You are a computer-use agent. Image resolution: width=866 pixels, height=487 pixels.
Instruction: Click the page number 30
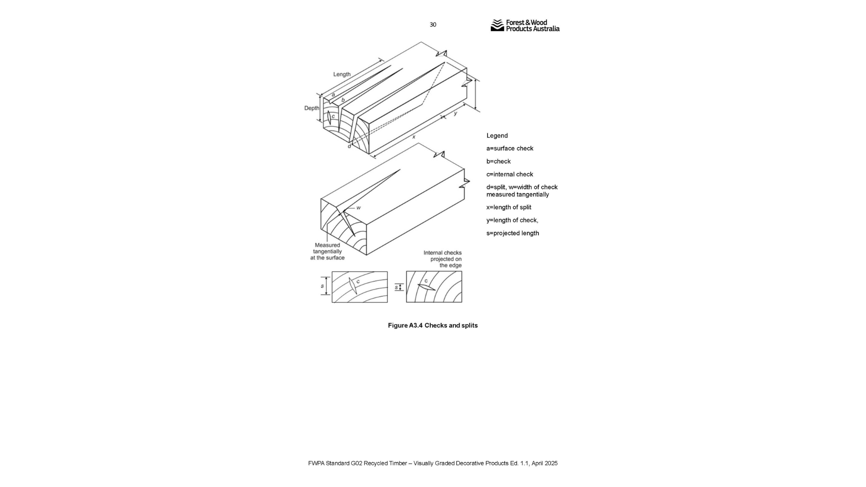433,25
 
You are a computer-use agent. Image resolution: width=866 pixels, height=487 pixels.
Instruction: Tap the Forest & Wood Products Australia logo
525,26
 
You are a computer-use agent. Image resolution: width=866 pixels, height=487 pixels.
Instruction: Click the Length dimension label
342,74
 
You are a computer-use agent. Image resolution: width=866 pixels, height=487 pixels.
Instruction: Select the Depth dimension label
311,108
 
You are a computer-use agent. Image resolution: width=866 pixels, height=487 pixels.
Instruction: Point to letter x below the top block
414,137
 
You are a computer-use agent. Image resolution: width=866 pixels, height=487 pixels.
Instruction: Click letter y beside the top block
456,113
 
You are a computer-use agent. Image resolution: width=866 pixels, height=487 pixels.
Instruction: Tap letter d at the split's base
349,146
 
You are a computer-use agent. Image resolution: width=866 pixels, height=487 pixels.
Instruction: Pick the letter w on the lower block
359,208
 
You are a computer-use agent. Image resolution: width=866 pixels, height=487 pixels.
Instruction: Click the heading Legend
497,136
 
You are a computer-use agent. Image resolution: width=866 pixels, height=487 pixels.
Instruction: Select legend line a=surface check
510,148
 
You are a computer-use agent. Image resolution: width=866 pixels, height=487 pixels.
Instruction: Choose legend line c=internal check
510,175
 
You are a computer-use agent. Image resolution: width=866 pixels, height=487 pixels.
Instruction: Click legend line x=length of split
509,207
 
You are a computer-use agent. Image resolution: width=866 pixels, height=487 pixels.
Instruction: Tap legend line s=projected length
512,233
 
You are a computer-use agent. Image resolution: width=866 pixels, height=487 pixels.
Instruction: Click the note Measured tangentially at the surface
327,252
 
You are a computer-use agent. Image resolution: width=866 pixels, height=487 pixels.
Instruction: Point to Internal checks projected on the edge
442,259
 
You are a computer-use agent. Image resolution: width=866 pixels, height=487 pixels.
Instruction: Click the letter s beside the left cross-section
322,286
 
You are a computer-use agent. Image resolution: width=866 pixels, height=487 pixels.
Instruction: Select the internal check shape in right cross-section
426,287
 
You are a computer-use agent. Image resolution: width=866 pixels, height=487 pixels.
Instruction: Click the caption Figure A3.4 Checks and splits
433,326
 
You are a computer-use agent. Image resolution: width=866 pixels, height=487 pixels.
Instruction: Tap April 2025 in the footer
544,464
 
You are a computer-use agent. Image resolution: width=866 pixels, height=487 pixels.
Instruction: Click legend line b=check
498,161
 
